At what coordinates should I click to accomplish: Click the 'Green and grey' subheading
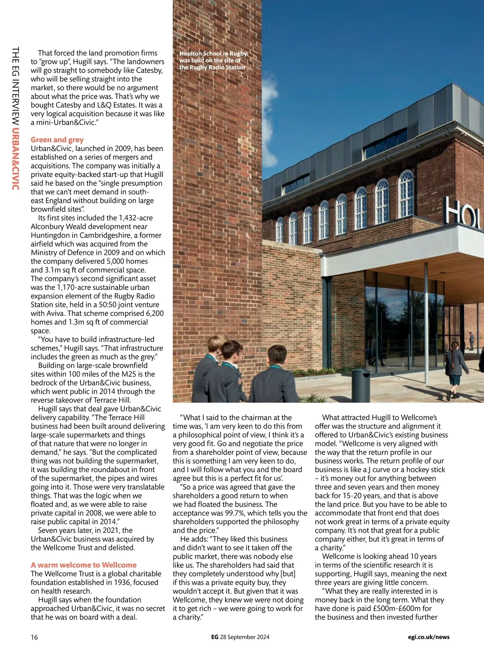point(57,140)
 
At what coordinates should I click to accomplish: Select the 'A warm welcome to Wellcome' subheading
point(83,565)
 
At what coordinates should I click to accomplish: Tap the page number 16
point(34,637)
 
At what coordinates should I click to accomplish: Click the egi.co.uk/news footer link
point(428,637)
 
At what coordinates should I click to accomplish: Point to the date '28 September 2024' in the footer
point(245,637)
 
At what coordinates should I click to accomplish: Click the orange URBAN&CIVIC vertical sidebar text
point(15,159)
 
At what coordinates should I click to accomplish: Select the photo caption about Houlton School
point(213,60)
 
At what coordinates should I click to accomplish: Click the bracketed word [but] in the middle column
point(288,574)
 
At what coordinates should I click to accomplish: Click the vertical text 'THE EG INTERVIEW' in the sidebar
point(15,86)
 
